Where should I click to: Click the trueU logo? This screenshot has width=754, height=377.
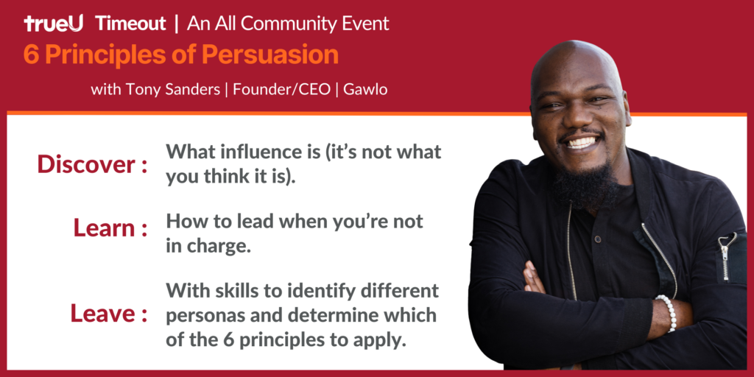pyautogui.click(x=53, y=24)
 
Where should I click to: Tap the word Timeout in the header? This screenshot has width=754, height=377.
pyautogui.click(x=131, y=24)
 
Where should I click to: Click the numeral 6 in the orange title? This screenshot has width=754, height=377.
pyautogui.click(x=31, y=55)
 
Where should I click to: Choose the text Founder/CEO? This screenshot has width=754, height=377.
pyautogui.click(x=282, y=90)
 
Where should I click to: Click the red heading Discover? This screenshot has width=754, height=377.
pyautogui.click(x=86, y=164)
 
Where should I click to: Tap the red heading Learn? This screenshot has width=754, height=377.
pyautogui.click(x=104, y=228)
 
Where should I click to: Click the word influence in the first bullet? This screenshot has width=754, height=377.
pyautogui.click(x=256, y=152)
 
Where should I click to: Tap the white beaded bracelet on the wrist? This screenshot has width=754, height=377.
pyautogui.click(x=666, y=313)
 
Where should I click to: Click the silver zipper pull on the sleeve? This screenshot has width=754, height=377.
pyautogui.click(x=725, y=256)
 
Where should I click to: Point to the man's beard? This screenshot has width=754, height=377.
pyautogui.click(x=584, y=185)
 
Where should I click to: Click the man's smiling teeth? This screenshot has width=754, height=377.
pyautogui.click(x=582, y=142)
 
